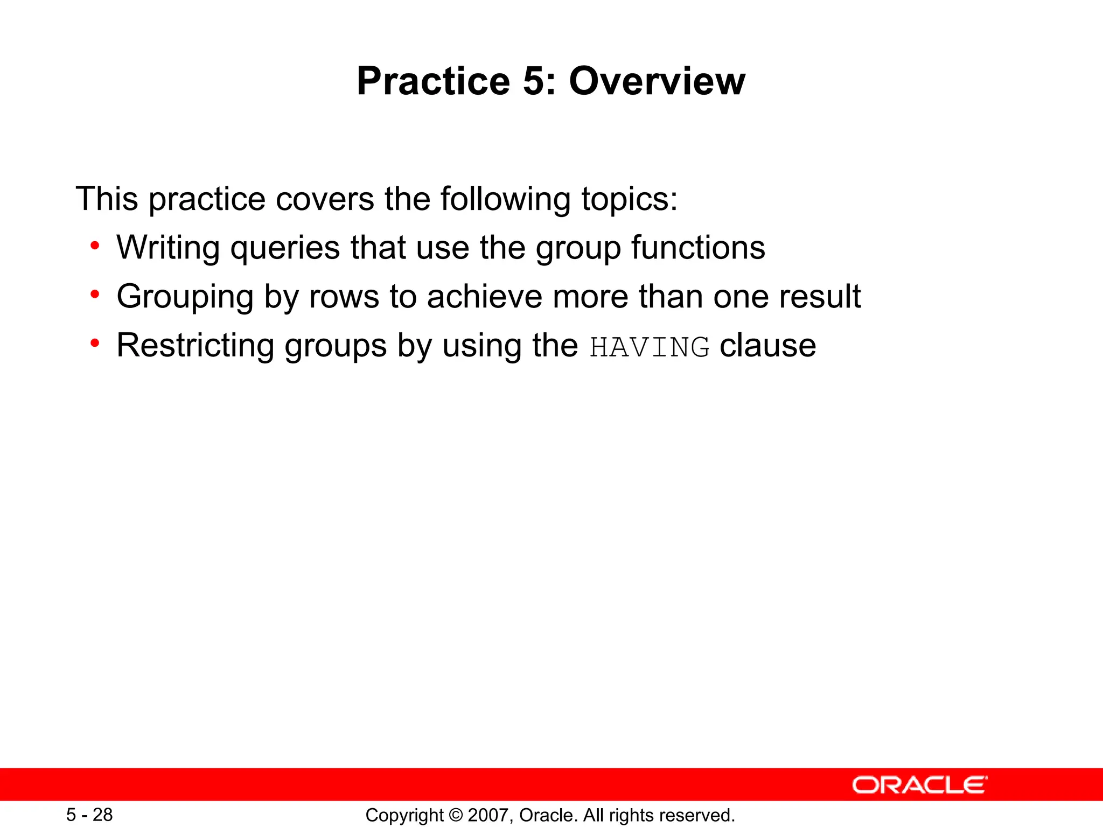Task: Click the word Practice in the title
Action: (x=433, y=82)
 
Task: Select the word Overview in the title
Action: (x=657, y=82)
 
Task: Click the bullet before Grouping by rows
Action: (x=95, y=295)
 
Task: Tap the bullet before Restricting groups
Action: (x=95, y=344)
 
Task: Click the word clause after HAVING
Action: (x=768, y=346)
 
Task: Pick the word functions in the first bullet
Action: (x=698, y=248)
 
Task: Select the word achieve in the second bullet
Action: (x=484, y=297)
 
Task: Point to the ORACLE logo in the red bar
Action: (x=919, y=785)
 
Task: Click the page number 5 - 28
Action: (x=89, y=815)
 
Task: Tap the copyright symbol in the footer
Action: (x=456, y=815)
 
